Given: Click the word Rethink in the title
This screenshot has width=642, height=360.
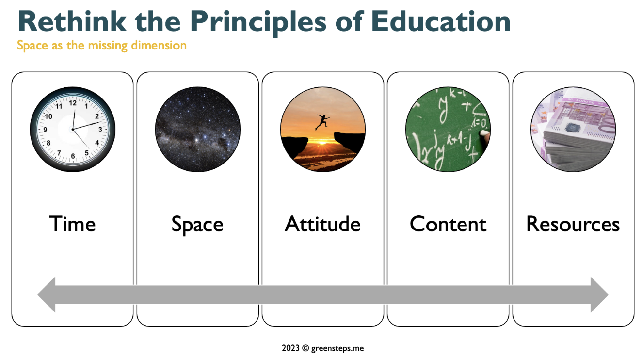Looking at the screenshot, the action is click(72, 21).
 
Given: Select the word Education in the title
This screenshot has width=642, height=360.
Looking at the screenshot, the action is click(441, 21).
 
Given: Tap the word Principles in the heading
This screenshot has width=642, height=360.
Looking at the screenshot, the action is click(258, 23).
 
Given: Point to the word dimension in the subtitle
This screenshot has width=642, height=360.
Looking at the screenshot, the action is click(159, 45).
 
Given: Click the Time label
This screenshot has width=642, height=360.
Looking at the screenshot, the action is click(73, 224).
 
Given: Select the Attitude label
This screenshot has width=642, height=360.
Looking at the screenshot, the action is click(323, 224).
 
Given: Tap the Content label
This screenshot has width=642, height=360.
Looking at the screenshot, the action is click(448, 224).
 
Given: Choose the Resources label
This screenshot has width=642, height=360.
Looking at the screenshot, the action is click(573, 224).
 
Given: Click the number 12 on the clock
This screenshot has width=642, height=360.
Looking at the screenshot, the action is click(73, 103).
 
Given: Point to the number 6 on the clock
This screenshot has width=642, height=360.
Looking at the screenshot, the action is click(73, 156).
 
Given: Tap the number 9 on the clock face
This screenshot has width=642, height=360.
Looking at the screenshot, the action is click(45, 130).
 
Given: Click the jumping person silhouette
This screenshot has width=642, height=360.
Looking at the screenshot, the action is click(322, 122).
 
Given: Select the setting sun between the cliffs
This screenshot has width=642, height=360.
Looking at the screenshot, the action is click(322, 143).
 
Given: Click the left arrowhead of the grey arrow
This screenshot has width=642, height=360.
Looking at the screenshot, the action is click(47, 295).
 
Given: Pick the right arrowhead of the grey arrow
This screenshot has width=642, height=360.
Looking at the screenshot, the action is click(599, 295).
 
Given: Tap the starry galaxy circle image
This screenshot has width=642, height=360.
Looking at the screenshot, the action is click(198, 130).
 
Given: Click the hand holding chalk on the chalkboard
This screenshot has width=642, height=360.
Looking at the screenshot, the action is click(485, 136).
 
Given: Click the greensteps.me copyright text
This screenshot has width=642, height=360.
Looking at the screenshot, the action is click(323, 348).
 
